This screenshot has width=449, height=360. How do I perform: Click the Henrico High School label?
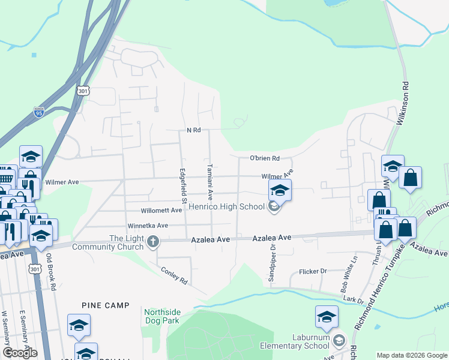click(x=226, y=208)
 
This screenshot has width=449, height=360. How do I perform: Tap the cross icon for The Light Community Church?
click(x=153, y=242)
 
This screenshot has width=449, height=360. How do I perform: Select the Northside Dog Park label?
click(x=162, y=316)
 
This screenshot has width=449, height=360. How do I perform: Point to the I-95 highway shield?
click(x=39, y=112)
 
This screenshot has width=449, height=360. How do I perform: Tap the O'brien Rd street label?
click(x=265, y=158)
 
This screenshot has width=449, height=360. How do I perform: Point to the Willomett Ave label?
click(x=161, y=211)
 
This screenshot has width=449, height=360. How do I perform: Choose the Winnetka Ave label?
click(x=147, y=226)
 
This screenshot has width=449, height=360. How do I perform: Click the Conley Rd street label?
click(x=174, y=275)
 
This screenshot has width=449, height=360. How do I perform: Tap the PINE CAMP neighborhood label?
click(x=106, y=305)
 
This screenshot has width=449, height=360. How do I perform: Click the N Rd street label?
click(x=193, y=130)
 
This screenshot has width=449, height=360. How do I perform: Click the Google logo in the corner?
click(x=20, y=353)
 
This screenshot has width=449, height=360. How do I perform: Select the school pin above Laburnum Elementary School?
click(x=327, y=318)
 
